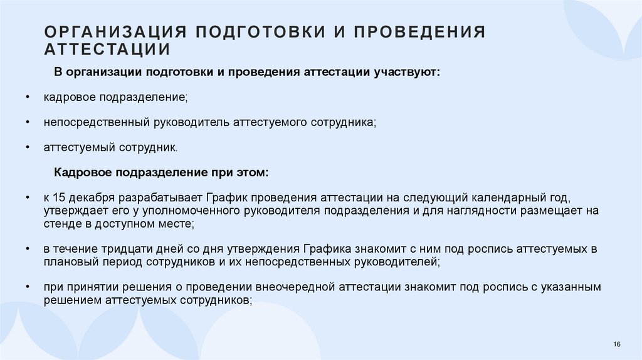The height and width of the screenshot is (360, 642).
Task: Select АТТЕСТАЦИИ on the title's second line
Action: (107, 50)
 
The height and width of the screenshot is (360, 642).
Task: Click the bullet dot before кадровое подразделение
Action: (28, 98)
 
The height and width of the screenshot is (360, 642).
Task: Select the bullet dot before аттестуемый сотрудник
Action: (28, 147)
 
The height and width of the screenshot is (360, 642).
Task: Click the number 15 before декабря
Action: (60, 197)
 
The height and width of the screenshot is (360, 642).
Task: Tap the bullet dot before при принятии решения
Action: (28, 287)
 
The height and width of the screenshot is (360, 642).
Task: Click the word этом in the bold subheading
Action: (252, 172)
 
